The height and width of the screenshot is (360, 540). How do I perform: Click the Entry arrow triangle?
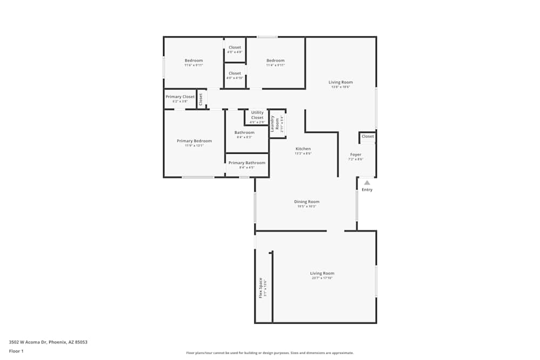click(x=367, y=183)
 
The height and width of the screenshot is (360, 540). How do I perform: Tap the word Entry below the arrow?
click(x=367, y=190)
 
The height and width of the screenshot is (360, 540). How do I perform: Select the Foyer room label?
click(x=356, y=155)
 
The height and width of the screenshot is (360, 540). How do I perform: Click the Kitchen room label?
click(x=303, y=149)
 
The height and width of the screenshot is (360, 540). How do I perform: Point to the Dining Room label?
click(x=307, y=202)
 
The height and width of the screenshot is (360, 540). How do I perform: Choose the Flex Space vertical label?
click(x=261, y=288)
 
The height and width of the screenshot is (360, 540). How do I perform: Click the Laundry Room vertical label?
click(x=278, y=124)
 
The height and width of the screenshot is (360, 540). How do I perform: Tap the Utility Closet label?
click(x=257, y=115)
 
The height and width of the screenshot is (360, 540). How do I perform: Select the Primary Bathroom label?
click(x=247, y=163)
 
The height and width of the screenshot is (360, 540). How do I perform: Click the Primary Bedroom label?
click(x=194, y=141)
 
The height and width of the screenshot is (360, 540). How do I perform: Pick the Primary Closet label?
click(x=180, y=97)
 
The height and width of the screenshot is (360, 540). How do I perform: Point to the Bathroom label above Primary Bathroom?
click(x=244, y=133)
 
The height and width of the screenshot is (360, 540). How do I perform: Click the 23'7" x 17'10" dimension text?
click(x=322, y=278)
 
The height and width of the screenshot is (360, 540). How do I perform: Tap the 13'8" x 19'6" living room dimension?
click(x=341, y=87)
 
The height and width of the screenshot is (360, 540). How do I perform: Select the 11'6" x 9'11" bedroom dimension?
click(x=194, y=65)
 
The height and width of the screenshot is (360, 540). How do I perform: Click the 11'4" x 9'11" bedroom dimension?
click(x=275, y=65)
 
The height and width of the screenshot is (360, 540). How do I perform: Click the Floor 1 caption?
click(x=16, y=351)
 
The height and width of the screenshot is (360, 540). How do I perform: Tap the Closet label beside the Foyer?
click(x=368, y=137)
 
